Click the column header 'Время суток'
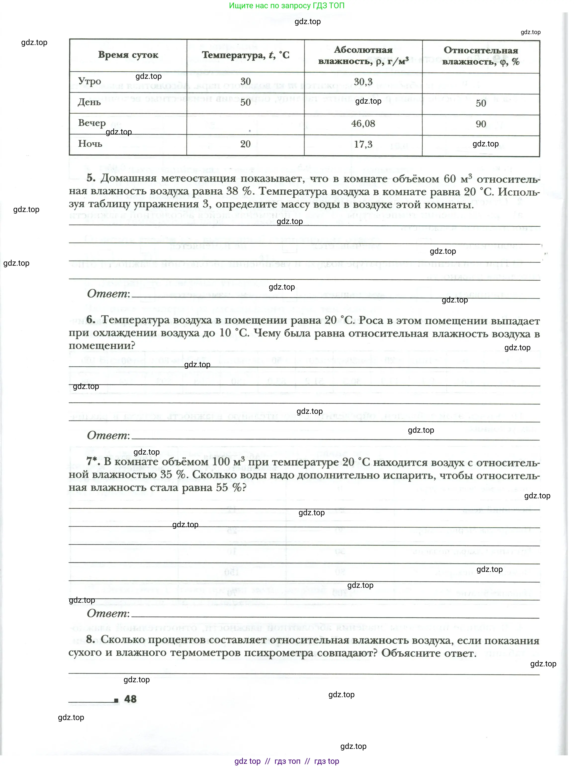128,55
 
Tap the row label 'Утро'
89,82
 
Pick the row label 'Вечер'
92,123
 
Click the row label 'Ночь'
90,144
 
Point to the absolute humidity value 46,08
363,124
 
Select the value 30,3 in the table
363,82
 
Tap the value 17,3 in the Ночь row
363,144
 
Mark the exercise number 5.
91,178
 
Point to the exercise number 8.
90,639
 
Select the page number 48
130,699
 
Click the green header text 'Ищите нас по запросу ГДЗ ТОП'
286,5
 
